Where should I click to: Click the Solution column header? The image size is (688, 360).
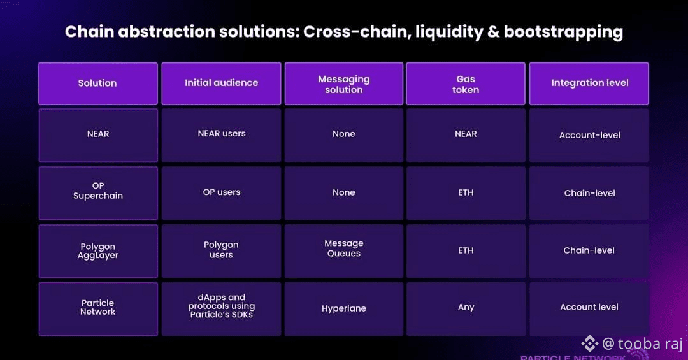(98, 83)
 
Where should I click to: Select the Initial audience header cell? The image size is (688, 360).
(221, 83)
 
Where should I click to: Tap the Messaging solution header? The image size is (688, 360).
(343, 83)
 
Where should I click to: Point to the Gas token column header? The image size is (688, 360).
(466, 83)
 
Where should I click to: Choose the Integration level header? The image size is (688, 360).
(589, 83)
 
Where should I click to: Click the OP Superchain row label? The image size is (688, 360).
(98, 192)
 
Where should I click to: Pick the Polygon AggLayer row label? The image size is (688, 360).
(98, 251)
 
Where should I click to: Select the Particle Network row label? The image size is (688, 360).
(98, 308)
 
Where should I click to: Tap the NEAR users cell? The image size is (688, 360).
(221, 135)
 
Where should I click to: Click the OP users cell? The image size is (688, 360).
(221, 192)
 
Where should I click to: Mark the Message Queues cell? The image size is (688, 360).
(343, 251)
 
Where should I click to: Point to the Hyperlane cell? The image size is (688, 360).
(343, 308)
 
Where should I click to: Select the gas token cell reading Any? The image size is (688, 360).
(466, 308)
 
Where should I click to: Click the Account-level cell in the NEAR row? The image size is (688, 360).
(589, 135)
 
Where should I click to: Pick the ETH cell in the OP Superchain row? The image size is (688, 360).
(466, 192)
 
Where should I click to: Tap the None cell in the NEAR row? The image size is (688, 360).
(343, 135)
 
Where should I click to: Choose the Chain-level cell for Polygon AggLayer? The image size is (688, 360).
(589, 251)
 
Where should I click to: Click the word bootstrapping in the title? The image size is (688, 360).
(563, 32)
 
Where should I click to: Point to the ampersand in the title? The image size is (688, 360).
(493, 32)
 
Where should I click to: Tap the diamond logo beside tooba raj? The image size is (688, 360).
(589, 344)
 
